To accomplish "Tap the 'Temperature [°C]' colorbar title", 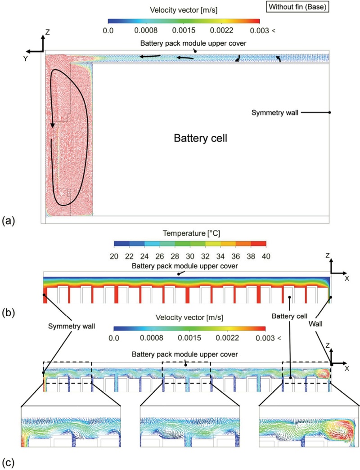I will tap(188, 233).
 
